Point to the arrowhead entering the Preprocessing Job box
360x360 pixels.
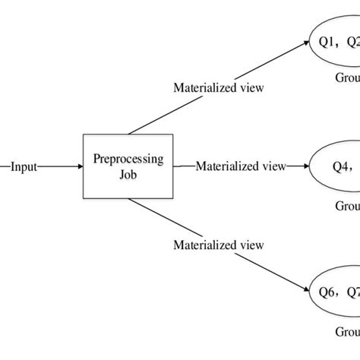(x=78, y=166)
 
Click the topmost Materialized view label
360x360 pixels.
(x=219, y=87)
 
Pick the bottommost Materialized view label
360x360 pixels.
(x=219, y=245)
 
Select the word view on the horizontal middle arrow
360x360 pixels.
(x=273, y=166)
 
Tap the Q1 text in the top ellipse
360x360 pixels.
(x=328, y=43)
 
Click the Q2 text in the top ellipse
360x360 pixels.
(x=353, y=43)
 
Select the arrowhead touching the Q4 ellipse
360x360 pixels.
(x=305, y=166)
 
